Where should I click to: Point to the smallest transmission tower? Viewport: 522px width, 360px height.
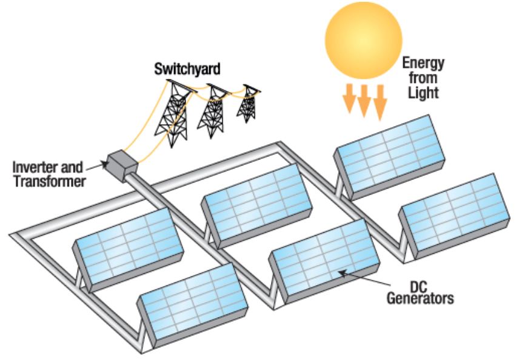(x=247, y=104)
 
